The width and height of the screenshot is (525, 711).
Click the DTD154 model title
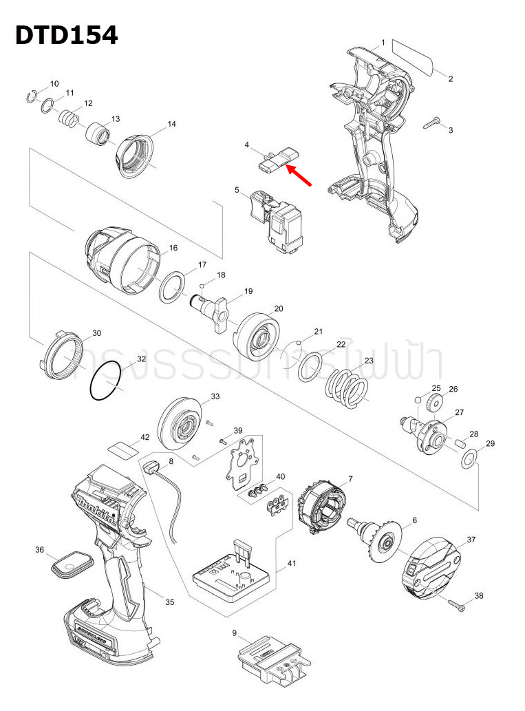(67, 34)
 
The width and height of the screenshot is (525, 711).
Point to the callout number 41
(292, 564)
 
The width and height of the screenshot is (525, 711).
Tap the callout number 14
(172, 124)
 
